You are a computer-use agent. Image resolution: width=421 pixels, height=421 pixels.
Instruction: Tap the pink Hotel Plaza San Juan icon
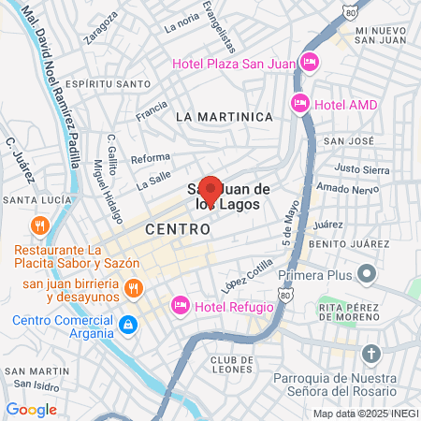click(x=310, y=64)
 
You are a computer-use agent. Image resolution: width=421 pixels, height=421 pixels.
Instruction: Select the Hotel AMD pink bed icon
click(x=300, y=104)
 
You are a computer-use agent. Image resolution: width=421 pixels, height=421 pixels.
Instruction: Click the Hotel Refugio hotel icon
click(x=181, y=306)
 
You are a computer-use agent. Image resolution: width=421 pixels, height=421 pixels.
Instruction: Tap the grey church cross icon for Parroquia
click(x=372, y=354)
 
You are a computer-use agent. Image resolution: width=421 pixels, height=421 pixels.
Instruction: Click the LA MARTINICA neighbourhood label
click(x=224, y=117)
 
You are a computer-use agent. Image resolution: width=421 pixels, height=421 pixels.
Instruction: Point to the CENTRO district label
click(x=178, y=229)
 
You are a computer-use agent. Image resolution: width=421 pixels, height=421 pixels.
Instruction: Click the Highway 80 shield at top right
click(x=349, y=14)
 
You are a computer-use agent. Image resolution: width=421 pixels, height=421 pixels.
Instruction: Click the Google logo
click(x=31, y=409)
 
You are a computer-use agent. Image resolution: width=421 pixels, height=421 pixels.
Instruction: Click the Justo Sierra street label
click(x=362, y=169)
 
